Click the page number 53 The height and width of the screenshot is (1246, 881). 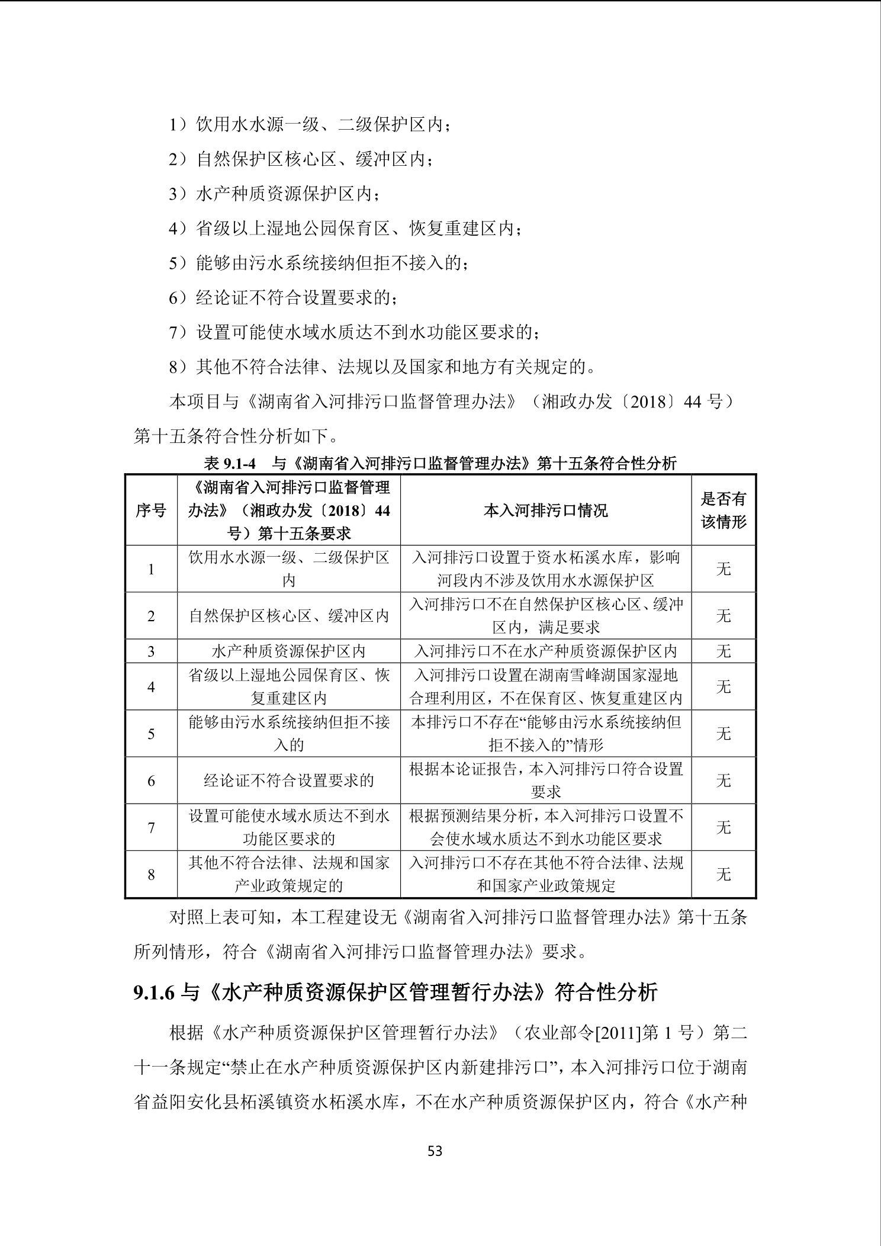[435, 1151]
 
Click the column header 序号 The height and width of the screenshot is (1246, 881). [151, 510]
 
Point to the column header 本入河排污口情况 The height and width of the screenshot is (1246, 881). [545, 510]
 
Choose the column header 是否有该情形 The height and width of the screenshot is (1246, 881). [724, 510]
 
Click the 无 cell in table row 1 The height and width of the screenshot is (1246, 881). [724, 569]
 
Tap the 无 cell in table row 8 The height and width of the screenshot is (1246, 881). [724, 874]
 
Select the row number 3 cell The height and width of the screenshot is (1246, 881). [151, 651]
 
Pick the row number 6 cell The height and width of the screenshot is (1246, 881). [151, 781]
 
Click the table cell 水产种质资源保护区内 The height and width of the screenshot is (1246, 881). [288, 651]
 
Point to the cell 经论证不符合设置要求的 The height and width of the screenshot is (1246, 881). [288, 781]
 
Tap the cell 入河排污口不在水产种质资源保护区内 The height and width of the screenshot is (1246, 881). [545, 651]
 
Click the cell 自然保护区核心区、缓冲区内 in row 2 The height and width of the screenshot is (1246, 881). [288, 616]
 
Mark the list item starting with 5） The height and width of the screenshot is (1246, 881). [319, 263]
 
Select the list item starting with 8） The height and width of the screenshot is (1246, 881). [382, 367]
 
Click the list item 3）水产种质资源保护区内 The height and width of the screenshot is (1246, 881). [275, 194]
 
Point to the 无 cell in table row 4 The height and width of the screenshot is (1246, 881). [724, 687]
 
